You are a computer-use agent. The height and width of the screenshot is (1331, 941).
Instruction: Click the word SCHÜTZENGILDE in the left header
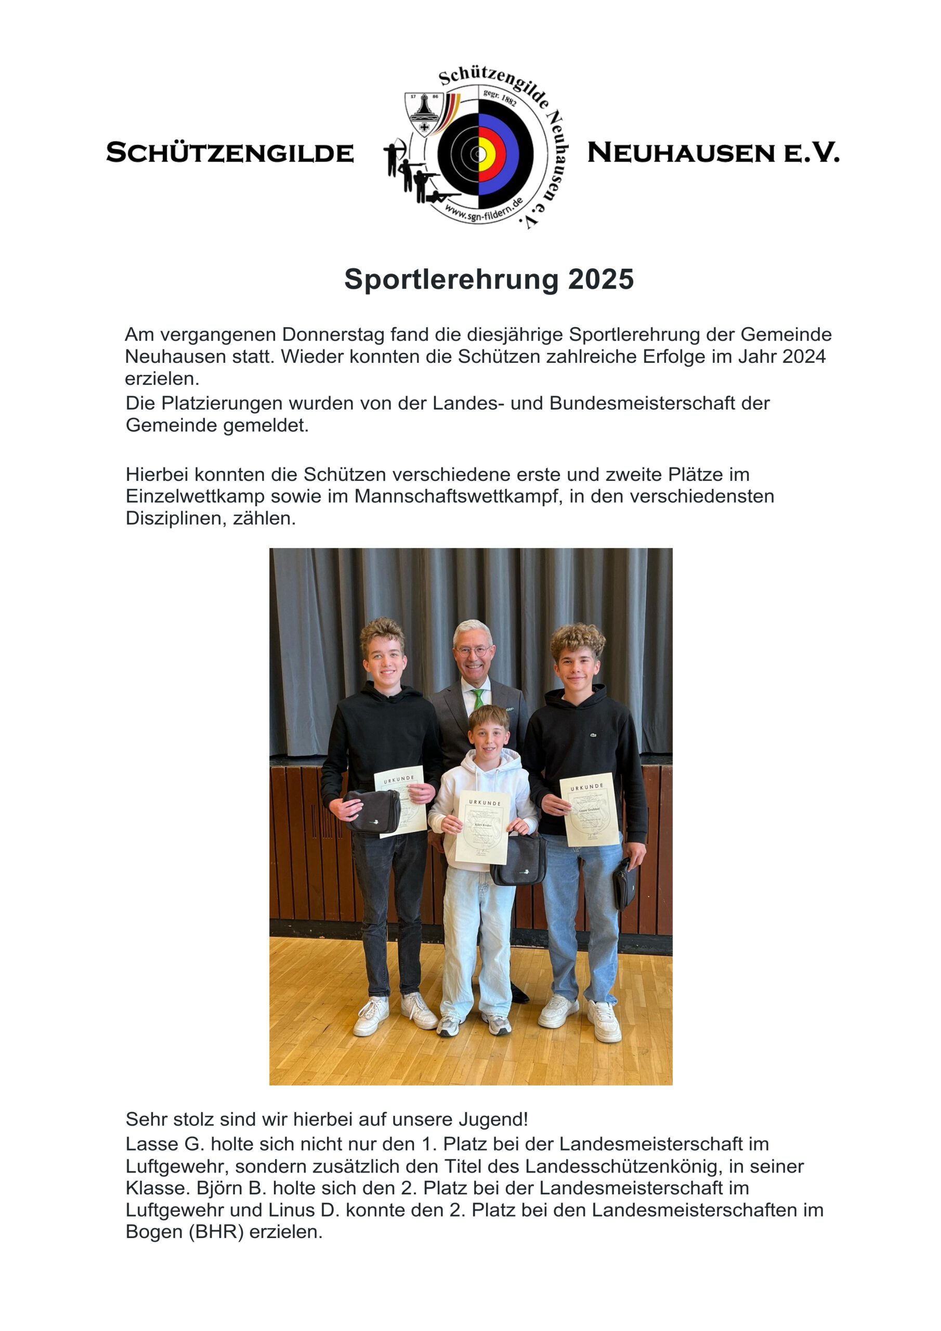coord(230,153)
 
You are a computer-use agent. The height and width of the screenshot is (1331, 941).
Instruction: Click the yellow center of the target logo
coord(485,154)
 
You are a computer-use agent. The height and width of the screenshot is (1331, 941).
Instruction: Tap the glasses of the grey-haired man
coord(472,651)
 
